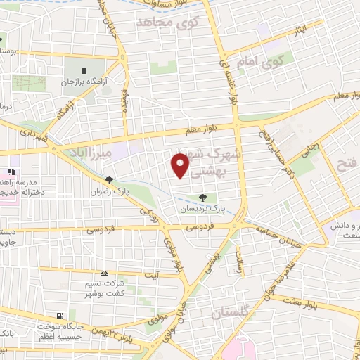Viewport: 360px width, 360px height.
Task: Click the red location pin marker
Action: (181, 166)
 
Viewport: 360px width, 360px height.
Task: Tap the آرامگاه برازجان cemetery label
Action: (96, 82)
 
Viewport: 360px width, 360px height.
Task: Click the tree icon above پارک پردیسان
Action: (203, 198)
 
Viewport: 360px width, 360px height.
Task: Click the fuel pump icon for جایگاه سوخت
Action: (60, 316)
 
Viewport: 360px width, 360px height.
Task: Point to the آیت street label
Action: (150, 274)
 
